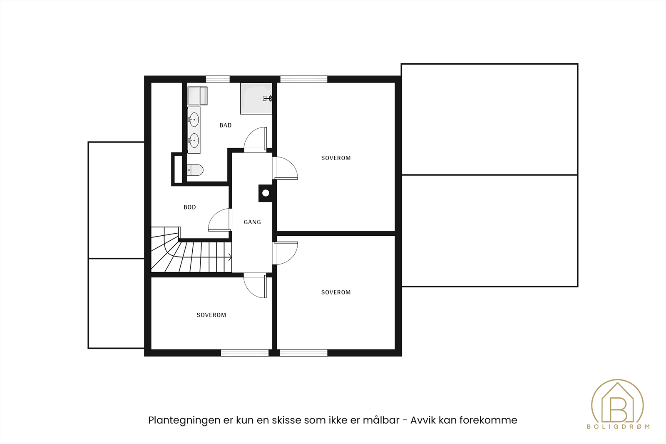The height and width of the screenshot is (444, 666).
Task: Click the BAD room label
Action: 225,125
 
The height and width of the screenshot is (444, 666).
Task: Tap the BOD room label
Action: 189,207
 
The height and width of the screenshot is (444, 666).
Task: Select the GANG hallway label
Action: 252,222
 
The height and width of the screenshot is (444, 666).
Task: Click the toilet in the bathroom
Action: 195,170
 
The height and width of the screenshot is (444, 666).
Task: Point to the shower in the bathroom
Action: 256,99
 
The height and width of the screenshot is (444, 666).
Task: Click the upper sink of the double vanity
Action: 194,120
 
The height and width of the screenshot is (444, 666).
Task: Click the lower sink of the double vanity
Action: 194,141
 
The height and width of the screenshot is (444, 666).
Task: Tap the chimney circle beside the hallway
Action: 266,193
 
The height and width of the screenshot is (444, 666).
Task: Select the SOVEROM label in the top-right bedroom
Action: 336,158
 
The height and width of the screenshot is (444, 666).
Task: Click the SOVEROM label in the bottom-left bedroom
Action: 211,315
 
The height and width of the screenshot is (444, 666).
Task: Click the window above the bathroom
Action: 218,80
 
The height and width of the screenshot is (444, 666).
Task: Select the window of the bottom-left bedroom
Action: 244,353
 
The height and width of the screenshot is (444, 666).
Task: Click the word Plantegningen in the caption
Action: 184,420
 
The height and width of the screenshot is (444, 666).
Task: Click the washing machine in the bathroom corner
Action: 197,96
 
